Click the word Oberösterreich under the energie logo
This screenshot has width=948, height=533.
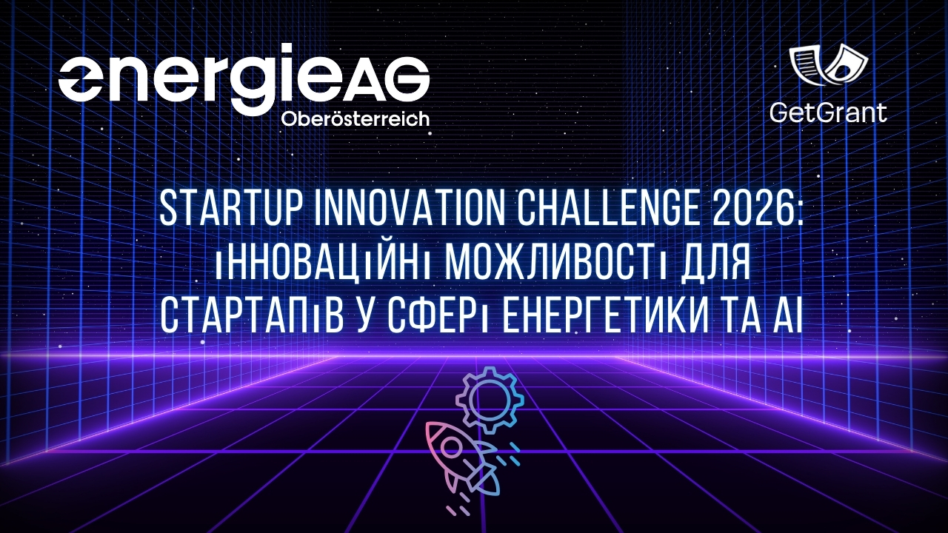pos(355,119)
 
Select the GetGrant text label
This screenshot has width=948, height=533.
pos(828,113)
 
